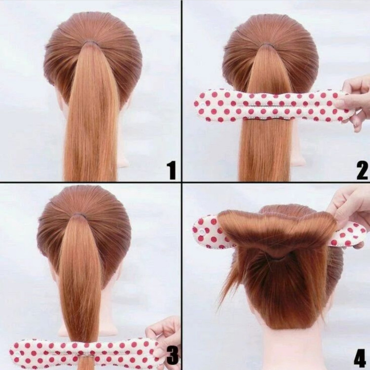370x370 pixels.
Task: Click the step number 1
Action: click(x=172, y=170)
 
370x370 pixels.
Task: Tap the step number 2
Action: click(x=362, y=170)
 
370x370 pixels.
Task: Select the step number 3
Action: click(x=173, y=353)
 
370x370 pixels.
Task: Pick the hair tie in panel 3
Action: click(x=78, y=216)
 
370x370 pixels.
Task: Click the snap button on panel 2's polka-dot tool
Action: click(x=203, y=104)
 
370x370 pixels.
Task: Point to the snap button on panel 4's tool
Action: click(x=202, y=232)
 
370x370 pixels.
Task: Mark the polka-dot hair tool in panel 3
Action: click(x=85, y=353)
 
